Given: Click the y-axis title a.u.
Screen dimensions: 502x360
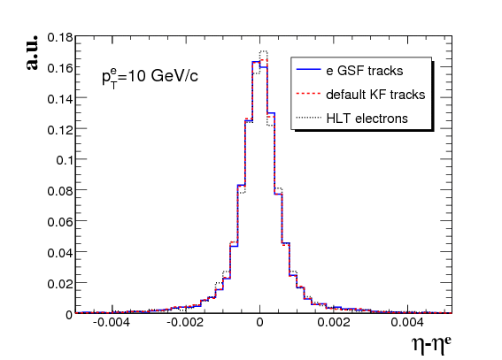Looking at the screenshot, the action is (x=32, y=52).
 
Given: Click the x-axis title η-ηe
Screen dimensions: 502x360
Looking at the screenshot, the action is (x=431, y=345).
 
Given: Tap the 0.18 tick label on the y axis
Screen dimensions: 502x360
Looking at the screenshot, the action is (x=60, y=37).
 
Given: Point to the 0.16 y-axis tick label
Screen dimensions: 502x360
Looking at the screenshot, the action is (x=60, y=67).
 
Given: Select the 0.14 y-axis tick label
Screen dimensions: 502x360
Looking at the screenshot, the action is (x=60, y=99).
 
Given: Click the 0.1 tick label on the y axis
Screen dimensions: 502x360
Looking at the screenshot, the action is (x=65, y=160).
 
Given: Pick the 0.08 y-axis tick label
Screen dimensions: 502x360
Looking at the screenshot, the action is (x=60, y=191).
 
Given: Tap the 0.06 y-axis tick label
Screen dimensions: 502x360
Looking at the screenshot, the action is (x=60, y=221).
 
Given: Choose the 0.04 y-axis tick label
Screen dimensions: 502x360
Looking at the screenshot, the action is (x=60, y=253).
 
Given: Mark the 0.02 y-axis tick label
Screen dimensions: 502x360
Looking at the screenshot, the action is (x=60, y=284).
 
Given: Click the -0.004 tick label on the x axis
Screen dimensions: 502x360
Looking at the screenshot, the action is (x=112, y=322).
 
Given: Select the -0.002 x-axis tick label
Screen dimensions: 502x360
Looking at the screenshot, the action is (x=185, y=322).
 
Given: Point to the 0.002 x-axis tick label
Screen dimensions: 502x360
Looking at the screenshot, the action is (x=334, y=322).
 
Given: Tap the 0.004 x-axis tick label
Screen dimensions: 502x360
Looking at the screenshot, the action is (x=407, y=322).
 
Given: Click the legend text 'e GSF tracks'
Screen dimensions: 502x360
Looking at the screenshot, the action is (x=365, y=71).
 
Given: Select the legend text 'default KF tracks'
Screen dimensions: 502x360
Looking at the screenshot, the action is (x=375, y=95).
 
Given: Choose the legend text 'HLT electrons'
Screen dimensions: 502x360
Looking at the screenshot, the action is (x=367, y=119).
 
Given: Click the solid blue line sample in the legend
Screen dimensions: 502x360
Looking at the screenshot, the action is (x=309, y=69).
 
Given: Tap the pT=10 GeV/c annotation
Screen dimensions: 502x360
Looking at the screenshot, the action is (x=150, y=78).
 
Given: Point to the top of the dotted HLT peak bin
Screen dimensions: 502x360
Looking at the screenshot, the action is (x=264, y=51).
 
